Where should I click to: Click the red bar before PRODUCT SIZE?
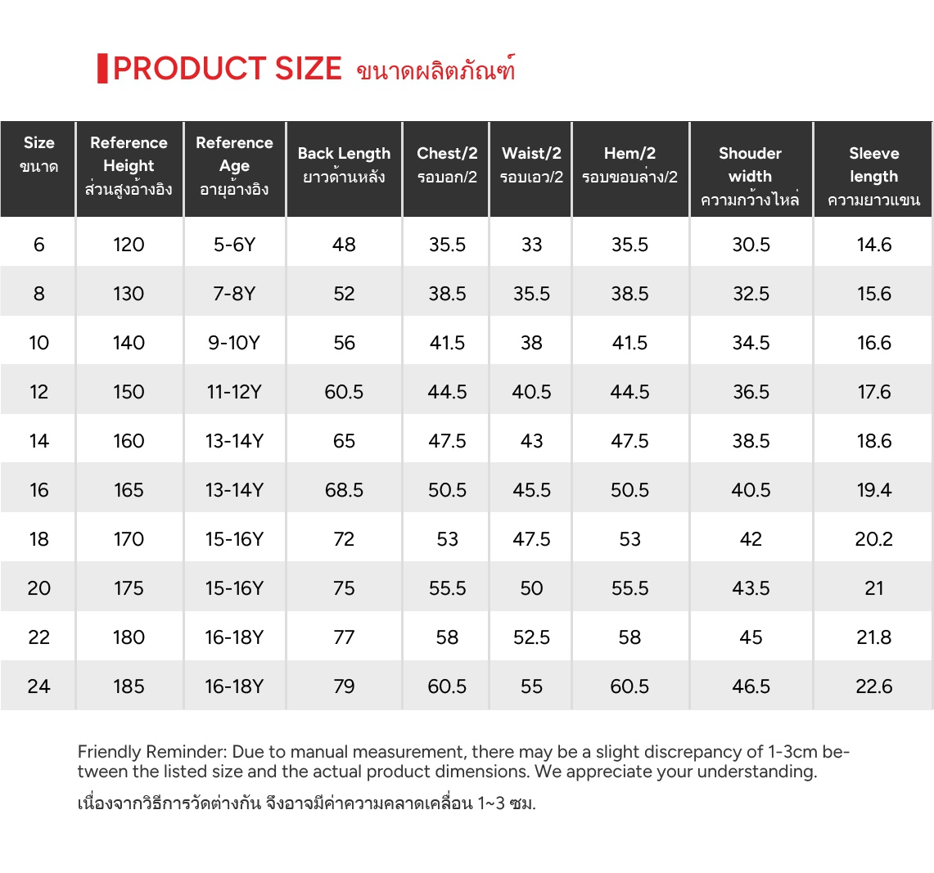[x=102, y=69]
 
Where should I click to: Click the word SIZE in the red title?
[x=308, y=69]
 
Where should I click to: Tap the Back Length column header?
[x=344, y=164]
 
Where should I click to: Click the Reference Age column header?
[x=234, y=165]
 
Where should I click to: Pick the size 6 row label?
[x=38, y=245]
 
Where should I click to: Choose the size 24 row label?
[x=38, y=686]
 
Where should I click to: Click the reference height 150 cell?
[x=129, y=392]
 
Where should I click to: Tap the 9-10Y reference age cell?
[x=234, y=343]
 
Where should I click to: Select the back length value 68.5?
[x=344, y=490]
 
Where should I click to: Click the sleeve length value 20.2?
[x=873, y=539]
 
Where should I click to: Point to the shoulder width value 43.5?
[x=751, y=588]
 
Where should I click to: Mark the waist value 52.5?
[x=531, y=637]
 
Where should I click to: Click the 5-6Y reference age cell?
[x=234, y=245]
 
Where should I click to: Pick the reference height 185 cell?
[x=129, y=686]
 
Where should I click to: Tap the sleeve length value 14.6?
[x=873, y=245]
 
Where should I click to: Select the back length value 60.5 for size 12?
[x=344, y=392]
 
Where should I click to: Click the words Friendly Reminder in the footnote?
[x=151, y=752]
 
